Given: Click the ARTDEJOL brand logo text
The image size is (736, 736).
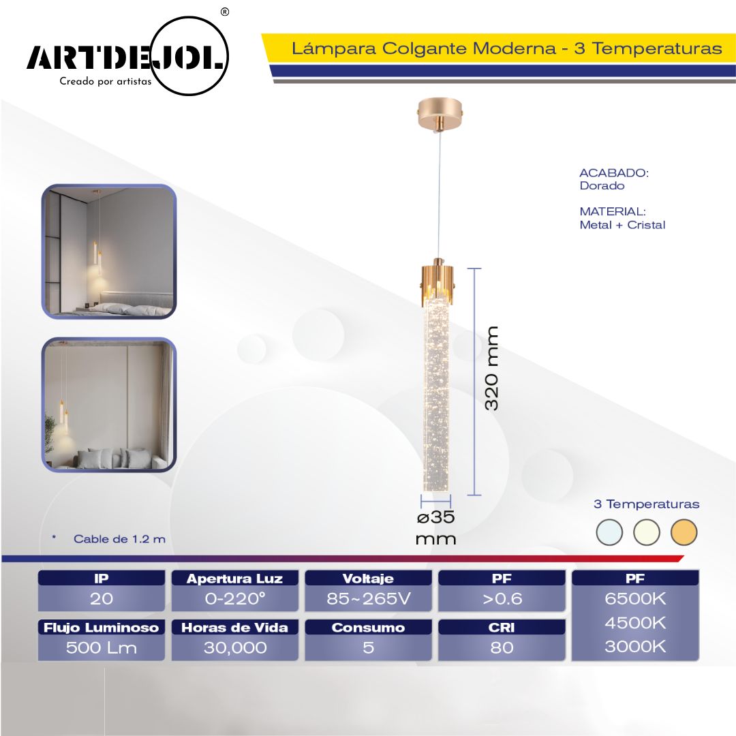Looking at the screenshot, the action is click(126, 57).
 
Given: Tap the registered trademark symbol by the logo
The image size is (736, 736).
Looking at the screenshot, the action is click(225, 12).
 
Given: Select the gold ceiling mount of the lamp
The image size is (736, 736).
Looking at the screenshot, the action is click(441, 114).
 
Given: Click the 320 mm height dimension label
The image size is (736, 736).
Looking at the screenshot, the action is click(491, 369).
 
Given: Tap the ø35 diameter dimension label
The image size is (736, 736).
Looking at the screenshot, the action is click(435, 517).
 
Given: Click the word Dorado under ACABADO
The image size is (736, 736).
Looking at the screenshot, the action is click(602, 186).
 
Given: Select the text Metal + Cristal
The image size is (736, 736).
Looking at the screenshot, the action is click(622, 225).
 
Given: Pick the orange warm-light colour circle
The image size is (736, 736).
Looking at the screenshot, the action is click(684, 532).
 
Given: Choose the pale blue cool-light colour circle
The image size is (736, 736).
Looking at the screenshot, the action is click(609, 532).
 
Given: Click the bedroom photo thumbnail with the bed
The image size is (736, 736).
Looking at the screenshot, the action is click(108, 251).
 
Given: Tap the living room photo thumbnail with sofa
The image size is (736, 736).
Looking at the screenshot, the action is click(108, 405).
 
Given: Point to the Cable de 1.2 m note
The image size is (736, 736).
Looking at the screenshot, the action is click(119, 539).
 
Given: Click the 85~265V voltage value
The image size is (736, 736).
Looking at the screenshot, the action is click(369, 599).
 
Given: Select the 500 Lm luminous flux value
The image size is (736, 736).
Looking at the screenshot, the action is click(102, 648).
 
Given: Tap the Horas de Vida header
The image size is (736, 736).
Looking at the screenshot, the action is click(234, 628).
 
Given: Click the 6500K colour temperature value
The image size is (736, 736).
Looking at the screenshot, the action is click(635, 599).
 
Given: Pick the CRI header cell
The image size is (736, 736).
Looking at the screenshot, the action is click(502, 628).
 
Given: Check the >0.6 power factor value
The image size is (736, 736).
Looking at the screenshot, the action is click(502, 599).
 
